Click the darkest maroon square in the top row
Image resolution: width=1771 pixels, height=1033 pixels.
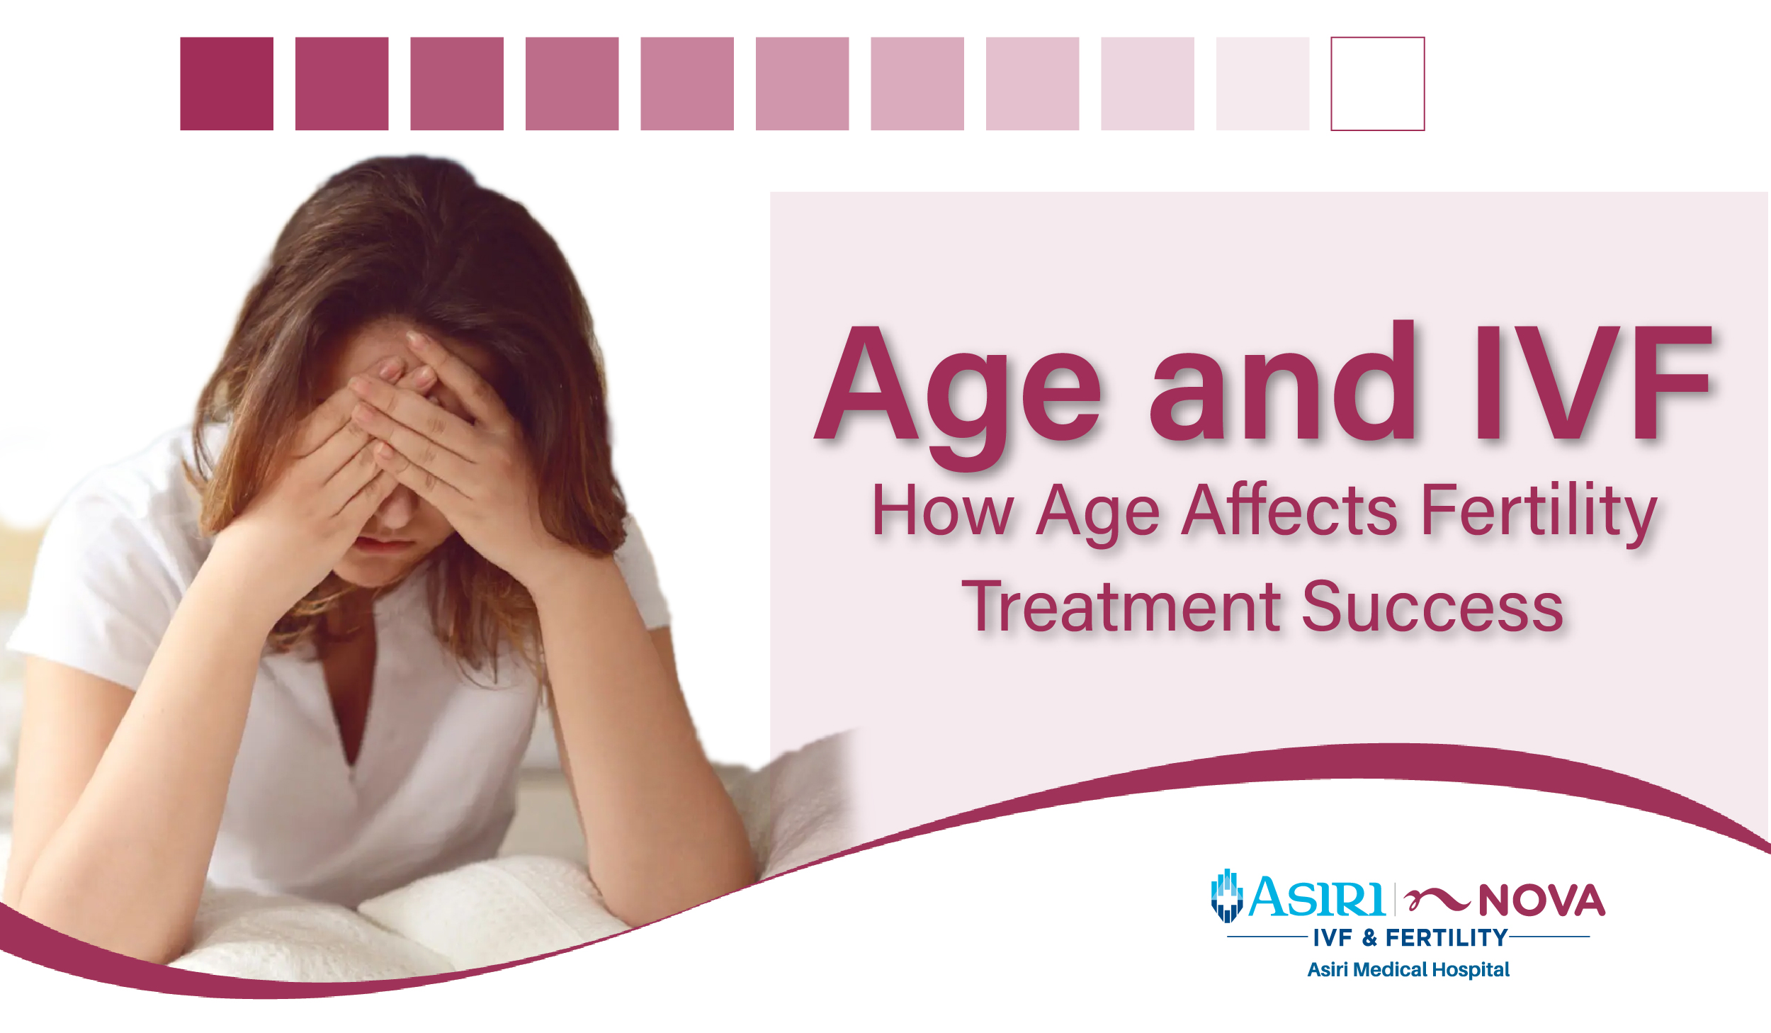click(227, 84)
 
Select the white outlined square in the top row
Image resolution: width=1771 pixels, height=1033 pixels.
click(1377, 84)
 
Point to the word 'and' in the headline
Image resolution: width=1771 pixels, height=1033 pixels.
click(1282, 386)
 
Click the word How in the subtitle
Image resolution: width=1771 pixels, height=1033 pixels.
click(942, 510)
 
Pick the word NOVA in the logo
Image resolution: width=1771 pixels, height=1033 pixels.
click(1541, 901)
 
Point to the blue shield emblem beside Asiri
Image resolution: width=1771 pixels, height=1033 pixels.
click(1227, 896)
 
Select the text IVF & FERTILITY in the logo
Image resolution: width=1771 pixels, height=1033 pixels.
click(1410, 938)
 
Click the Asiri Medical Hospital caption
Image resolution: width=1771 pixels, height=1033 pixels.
click(1408, 969)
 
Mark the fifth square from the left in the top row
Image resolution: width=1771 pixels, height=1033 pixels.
click(687, 84)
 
